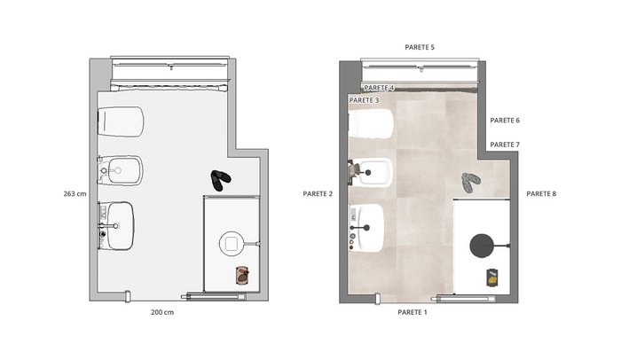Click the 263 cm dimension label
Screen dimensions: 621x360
coord(75,193)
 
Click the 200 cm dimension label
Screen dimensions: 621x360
coord(162,312)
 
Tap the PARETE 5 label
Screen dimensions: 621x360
coord(420,47)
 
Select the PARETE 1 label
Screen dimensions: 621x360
coord(413,312)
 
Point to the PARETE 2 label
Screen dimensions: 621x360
coord(318,193)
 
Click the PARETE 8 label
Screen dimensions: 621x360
coord(541,193)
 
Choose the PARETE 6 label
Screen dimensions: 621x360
coord(505,121)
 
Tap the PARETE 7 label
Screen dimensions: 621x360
coord(505,145)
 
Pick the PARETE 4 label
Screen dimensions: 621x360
coord(379,88)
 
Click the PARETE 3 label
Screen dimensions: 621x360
coord(364,100)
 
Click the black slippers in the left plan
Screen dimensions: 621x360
coord(220,180)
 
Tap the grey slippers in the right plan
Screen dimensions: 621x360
coord(470,182)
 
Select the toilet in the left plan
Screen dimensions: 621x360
coord(121,121)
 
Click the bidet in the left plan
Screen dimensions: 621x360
coord(121,171)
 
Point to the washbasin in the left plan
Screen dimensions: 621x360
coord(116,226)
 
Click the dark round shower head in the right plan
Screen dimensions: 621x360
coord(482,246)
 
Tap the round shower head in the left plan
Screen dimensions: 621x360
coord(232,244)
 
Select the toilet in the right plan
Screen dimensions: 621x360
coord(371,123)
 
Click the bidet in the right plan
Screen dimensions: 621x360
coord(371,172)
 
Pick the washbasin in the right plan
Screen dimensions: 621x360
coord(366,228)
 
